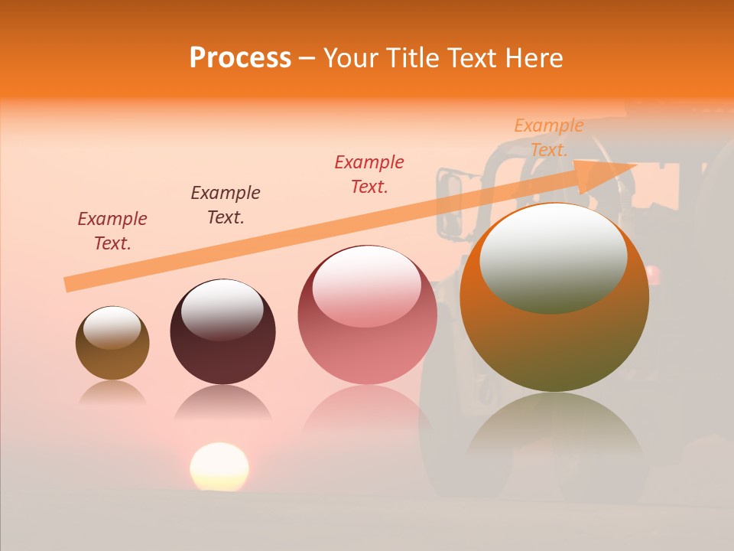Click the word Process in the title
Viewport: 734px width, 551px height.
pos(240,58)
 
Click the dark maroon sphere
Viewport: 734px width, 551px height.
pos(222,332)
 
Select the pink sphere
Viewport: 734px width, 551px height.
pos(367,315)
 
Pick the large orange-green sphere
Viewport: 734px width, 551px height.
pos(554,298)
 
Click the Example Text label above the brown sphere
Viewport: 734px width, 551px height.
pos(112,230)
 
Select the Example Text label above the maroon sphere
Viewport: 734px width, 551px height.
pos(226,204)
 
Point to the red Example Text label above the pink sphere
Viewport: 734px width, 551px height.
pos(369,174)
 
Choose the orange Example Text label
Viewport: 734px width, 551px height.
pos(549,137)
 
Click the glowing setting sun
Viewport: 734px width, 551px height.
pos(219,466)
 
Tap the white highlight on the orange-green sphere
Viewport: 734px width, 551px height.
pos(554,256)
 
